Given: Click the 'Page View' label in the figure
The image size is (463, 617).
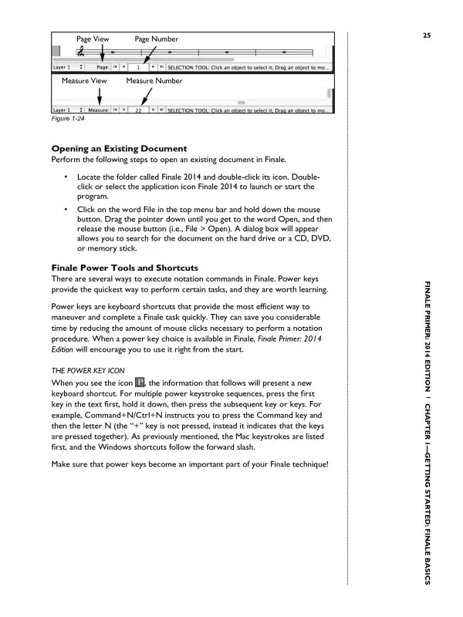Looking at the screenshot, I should pos(92,39).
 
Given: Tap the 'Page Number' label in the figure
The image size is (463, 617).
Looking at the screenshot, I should pos(157,39).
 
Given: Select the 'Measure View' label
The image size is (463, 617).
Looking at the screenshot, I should pos(84,80).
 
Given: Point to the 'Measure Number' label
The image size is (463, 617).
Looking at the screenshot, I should pos(154,80).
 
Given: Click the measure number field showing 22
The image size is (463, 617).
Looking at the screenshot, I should pos(137,111).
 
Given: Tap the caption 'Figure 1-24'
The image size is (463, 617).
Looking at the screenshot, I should pos(68,120).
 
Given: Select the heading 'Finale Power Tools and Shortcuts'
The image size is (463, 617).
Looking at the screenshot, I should pos(124,268).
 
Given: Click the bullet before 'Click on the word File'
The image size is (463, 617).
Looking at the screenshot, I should pos(67,209).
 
